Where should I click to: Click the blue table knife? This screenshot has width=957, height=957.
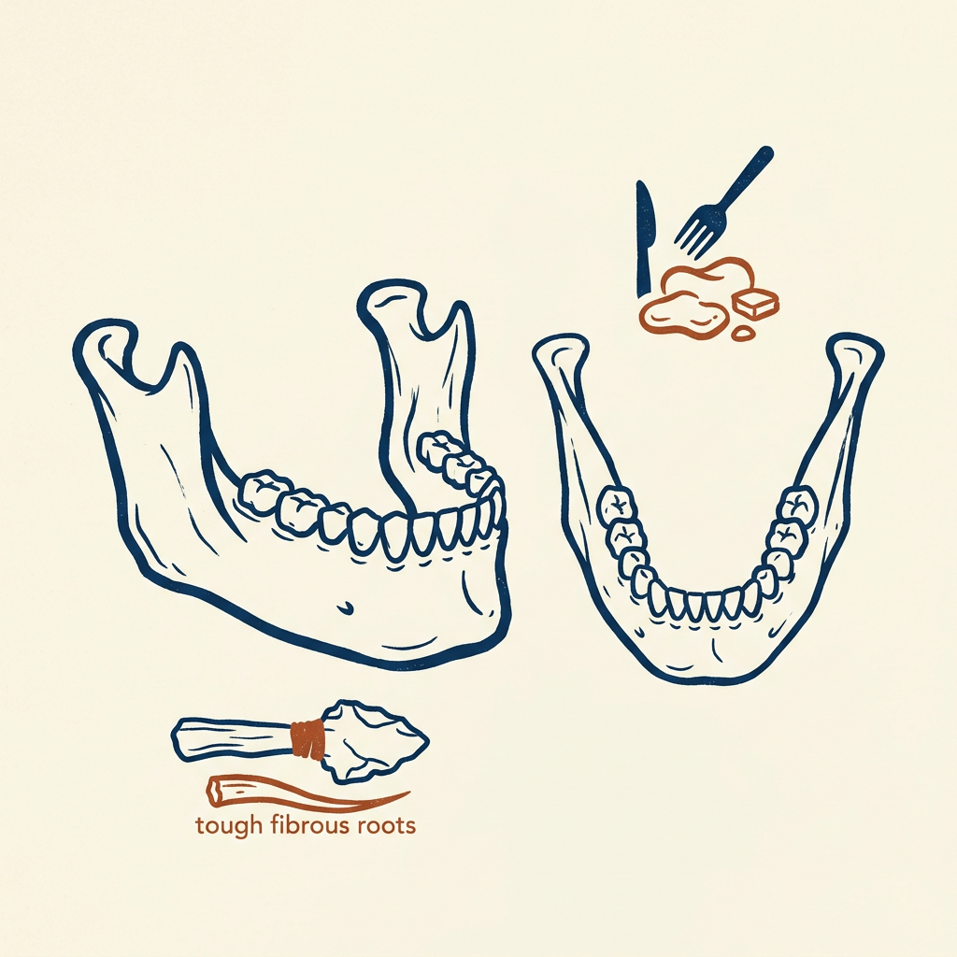click(644, 239)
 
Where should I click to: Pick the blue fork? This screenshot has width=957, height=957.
click(723, 202)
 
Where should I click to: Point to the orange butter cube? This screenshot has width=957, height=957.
click(755, 304)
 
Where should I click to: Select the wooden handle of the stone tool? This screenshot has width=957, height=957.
click(232, 737)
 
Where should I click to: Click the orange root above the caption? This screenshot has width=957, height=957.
click(306, 793)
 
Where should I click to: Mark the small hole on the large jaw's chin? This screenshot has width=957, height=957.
click(346, 607)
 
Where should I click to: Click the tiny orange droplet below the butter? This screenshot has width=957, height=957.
click(743, 332)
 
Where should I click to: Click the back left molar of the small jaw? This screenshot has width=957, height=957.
click(617, 504)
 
